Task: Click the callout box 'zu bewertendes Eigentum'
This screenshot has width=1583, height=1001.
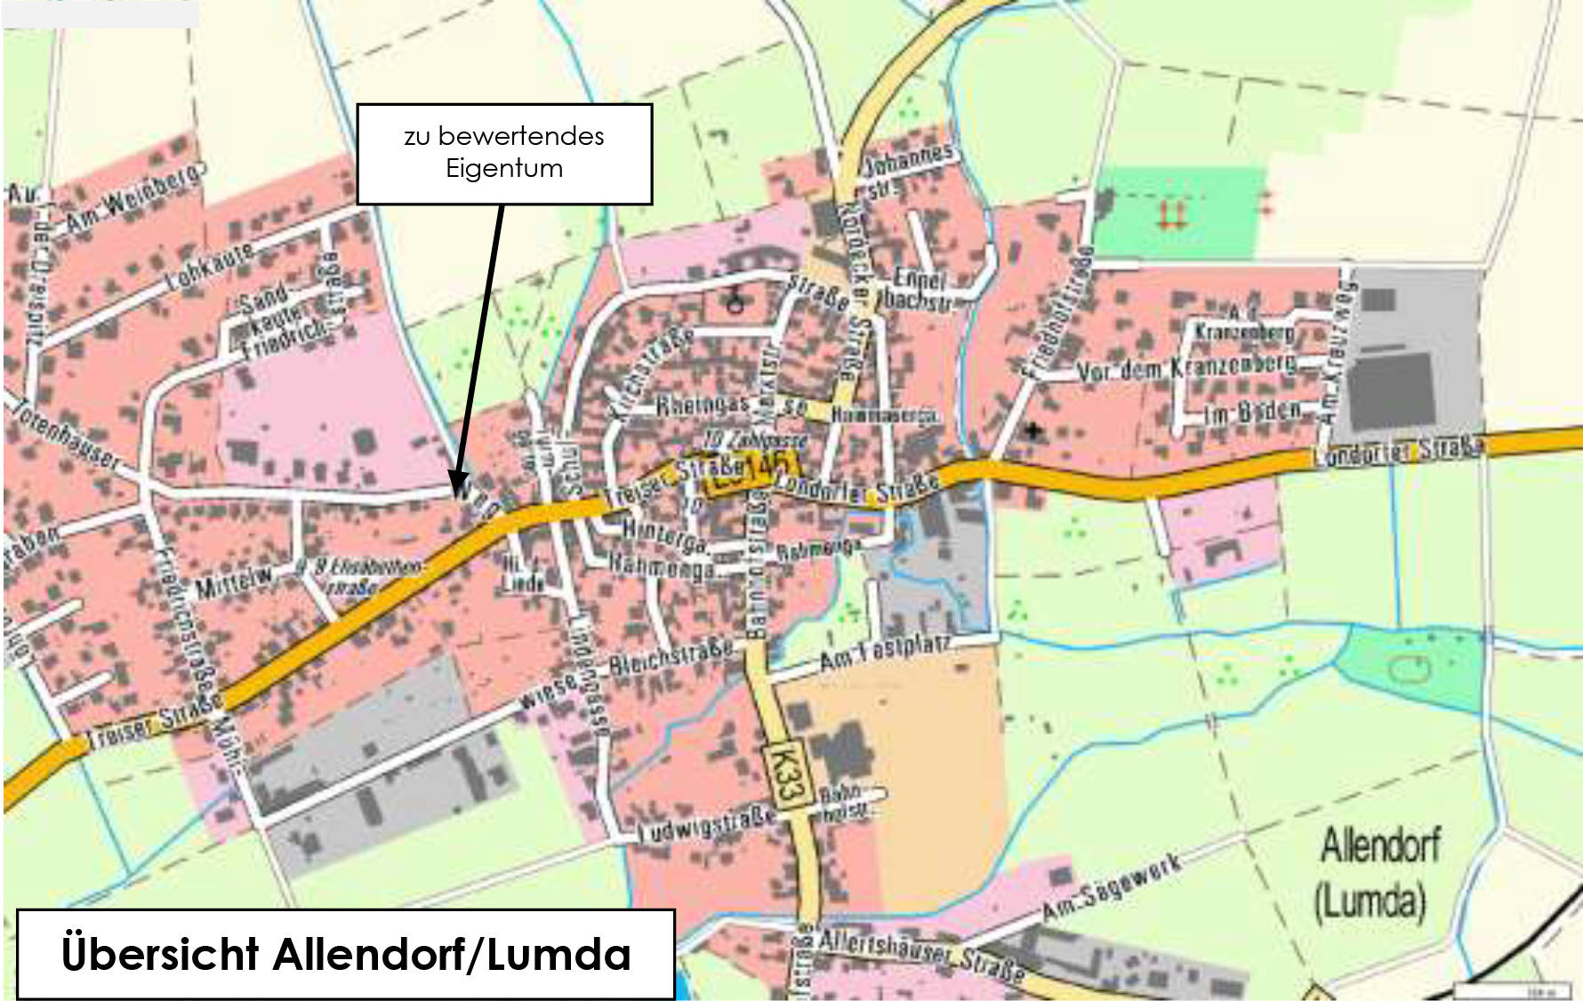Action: (504, 153)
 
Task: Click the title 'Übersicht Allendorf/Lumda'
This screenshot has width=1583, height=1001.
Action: (346, 954)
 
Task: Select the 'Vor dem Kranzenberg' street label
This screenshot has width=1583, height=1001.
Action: (1187, 367)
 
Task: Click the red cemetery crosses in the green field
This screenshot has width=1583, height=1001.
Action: (1171, 213)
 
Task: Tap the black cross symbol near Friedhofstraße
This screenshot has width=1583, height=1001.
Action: (1033, 431)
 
